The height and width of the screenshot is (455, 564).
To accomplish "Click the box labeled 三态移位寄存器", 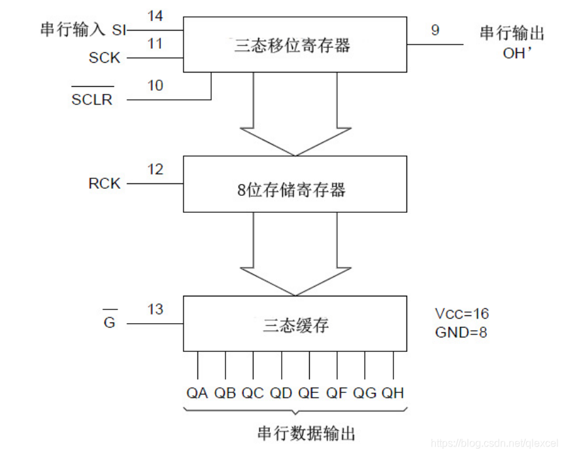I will [294, 44].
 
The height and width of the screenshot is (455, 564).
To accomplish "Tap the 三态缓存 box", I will [294, 324].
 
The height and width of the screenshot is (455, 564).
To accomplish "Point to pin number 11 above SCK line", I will [155, 44].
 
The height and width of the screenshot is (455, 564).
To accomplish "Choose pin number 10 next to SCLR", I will [155, 86].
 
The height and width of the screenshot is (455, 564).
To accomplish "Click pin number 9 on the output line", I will [435, 30].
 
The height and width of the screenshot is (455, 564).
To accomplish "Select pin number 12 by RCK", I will [155, 170].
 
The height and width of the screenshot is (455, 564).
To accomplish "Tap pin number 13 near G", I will [155, 309].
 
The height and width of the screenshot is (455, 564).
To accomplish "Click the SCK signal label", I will [105, 58].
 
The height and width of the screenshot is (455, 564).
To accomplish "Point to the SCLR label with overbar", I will [92, 100].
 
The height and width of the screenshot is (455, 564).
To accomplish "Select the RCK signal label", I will [105, 183].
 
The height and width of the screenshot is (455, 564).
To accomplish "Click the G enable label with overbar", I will [109, 323].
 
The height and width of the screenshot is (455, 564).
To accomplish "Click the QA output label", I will [197, 393].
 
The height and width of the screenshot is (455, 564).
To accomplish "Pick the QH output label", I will [393, 393].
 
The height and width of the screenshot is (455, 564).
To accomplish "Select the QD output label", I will [281, 393].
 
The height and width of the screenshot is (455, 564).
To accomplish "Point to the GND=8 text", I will [461, 332].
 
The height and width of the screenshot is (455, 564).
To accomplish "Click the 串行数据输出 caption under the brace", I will [297, 433].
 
